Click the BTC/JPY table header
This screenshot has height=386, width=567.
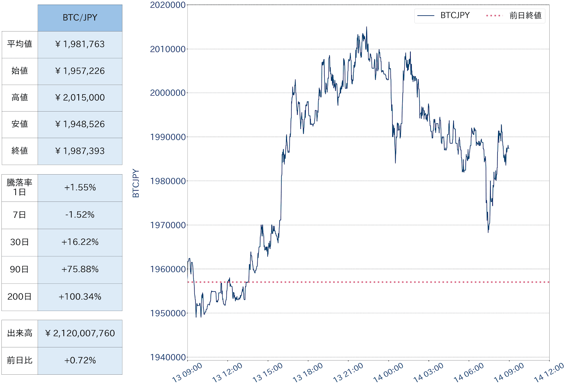click(80, 18)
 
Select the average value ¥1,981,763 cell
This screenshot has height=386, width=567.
click(80, 44)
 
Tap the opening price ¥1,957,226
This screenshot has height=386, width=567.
click(80, 71)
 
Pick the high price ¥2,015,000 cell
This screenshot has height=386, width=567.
click(80, 98)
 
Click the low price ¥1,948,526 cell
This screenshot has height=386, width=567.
click(80, 124)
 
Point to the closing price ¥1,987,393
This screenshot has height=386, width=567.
click(80, 151)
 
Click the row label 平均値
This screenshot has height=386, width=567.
click(19, 44)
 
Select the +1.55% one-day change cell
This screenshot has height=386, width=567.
click(80, 188)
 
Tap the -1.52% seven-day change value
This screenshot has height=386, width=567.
click(80, 215)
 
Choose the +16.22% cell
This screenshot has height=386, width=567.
click(80, 242)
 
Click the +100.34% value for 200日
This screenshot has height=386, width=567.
click(80, 297)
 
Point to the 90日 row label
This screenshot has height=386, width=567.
click(19, 269)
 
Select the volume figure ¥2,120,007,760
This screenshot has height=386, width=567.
click(80, 334)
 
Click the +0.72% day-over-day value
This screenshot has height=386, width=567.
click(80, 361)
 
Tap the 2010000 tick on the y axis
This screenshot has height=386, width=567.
click(168, 49)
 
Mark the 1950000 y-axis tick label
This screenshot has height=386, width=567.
click(168, 313)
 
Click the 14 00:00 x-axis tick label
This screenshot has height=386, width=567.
click(388, 373)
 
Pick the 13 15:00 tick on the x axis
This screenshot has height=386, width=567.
click(268, 373)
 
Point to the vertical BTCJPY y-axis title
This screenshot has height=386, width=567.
click(136, 183)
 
